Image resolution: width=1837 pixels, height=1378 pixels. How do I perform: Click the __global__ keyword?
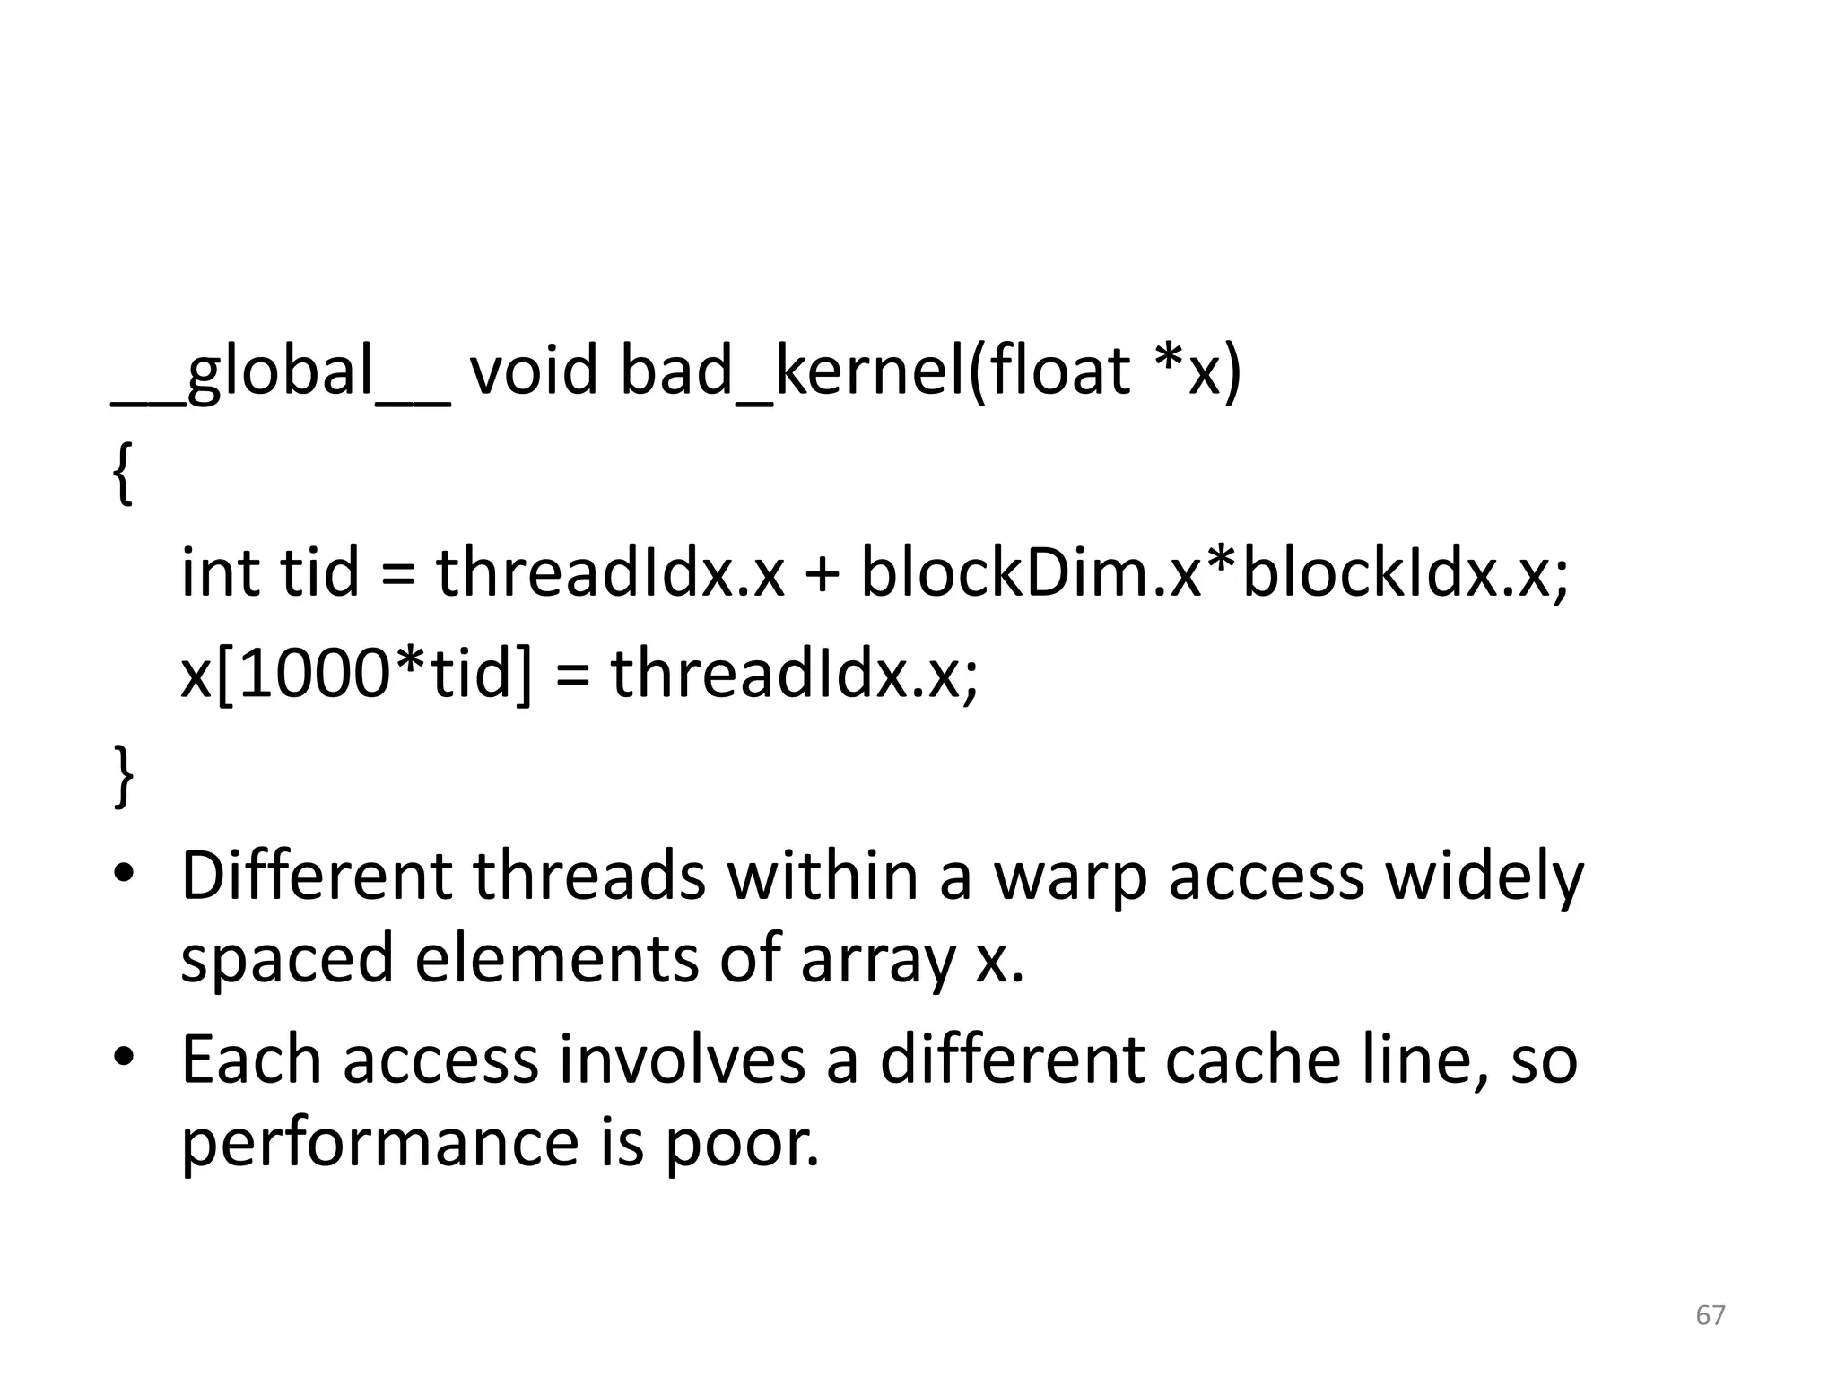point(280,372)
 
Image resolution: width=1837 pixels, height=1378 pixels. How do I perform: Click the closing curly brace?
point(124,777)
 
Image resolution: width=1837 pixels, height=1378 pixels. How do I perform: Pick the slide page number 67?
point(1710,1314)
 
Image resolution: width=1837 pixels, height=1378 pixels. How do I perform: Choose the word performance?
point(380,1145)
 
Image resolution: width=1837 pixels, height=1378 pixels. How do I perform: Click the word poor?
point(741,1145)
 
